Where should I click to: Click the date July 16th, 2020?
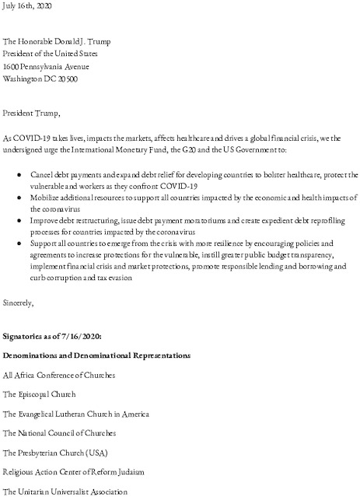(26, 5)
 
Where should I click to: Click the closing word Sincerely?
(18, 299)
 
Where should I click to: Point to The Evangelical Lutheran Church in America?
(75, 414)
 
